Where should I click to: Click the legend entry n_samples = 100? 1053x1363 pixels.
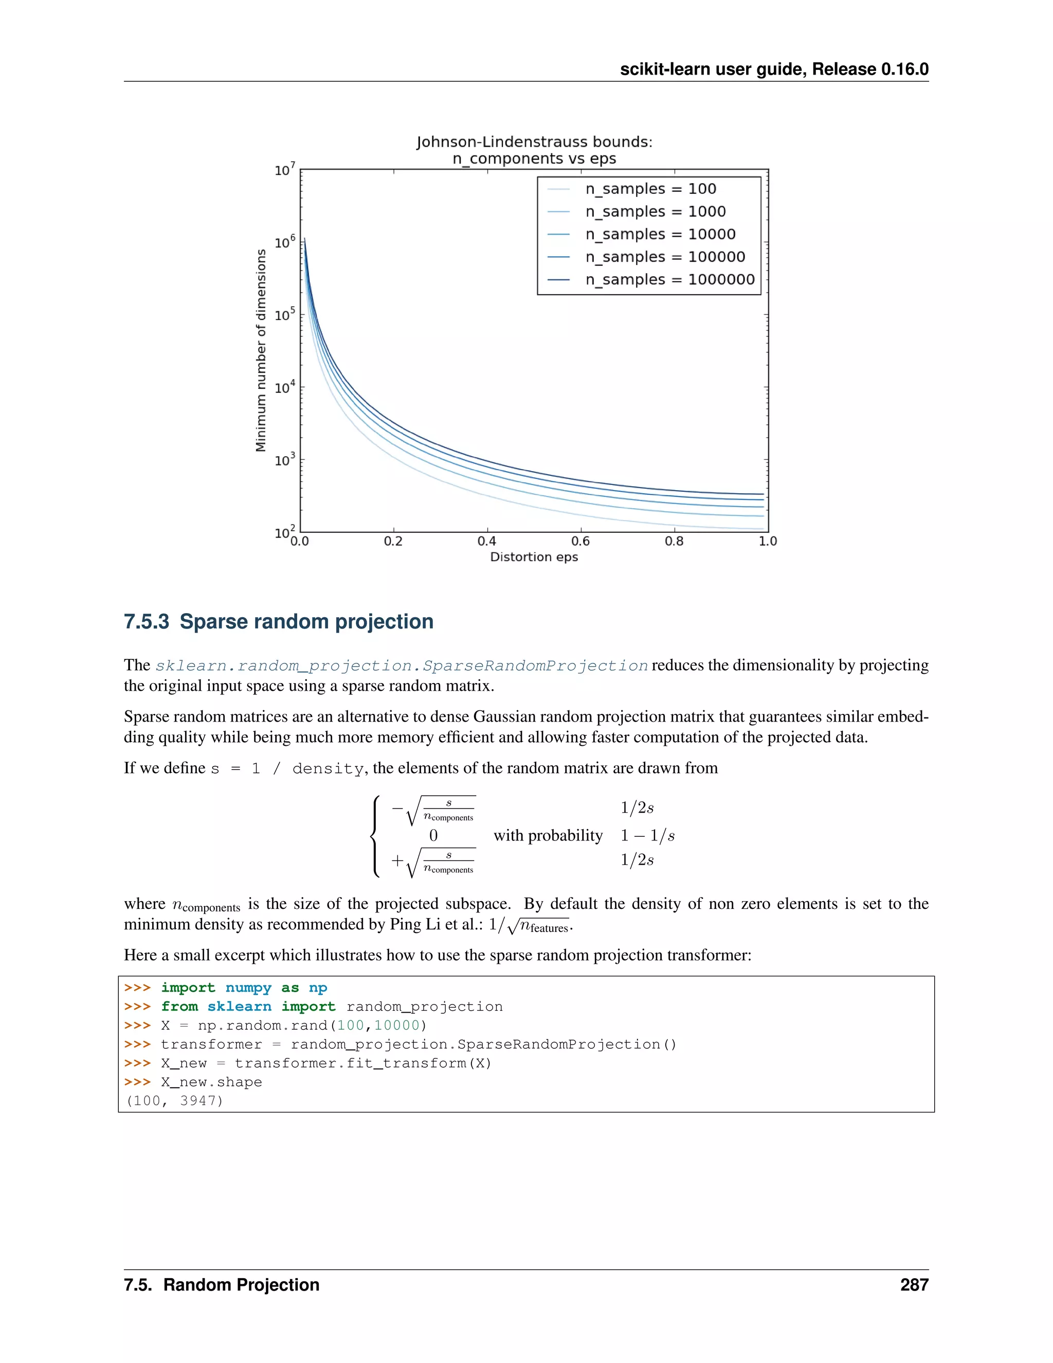pos(650,188)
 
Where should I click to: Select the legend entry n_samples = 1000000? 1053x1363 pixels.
pos(669,280)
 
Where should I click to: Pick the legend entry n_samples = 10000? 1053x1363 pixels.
pos(660,234)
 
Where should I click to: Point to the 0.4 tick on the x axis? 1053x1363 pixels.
pos(486,541)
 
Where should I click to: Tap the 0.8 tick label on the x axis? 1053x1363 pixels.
pos(674,541)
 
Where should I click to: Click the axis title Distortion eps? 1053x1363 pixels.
pos(534,557)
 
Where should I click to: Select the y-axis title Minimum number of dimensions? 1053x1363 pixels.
pos(261,350)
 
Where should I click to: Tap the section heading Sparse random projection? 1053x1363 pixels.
pos(306,622)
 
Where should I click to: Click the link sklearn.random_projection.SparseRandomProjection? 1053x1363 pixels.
pos(402,666)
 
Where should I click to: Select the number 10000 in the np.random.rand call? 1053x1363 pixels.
pos(397,1026)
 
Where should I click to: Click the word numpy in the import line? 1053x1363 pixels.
pos(248,988)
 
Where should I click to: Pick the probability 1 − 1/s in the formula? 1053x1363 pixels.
pos(647,835)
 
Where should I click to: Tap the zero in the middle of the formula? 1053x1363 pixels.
pos(433,835)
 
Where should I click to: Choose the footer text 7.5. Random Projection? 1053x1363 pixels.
pos(222,1284)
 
